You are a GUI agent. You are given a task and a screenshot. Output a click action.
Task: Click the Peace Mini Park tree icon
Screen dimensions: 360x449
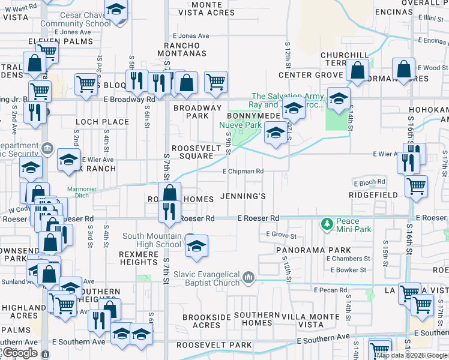[x=327, y=223]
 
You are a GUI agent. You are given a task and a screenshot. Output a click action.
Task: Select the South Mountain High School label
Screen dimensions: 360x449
[x=152, y=240]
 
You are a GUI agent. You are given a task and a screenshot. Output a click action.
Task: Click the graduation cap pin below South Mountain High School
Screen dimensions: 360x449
[x=196, y=247]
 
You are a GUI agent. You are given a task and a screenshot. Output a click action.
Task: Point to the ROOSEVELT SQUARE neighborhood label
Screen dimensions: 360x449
[x=193, y=152]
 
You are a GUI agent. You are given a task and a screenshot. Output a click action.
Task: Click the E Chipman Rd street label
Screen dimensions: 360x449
[x=243, y=171]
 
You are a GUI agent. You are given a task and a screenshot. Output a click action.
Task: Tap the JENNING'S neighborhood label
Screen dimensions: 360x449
[x=243, y=196]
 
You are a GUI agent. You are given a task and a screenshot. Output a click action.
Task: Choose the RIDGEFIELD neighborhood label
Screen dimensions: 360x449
[x=373, y=196]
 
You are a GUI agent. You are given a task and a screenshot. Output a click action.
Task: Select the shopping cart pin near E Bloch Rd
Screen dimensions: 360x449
[x=416, y=186]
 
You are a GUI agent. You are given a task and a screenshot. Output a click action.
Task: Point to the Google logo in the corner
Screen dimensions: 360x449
[x=19, y=353]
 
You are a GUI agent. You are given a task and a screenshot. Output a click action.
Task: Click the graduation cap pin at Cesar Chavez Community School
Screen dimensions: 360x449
[x=116, y=11]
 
